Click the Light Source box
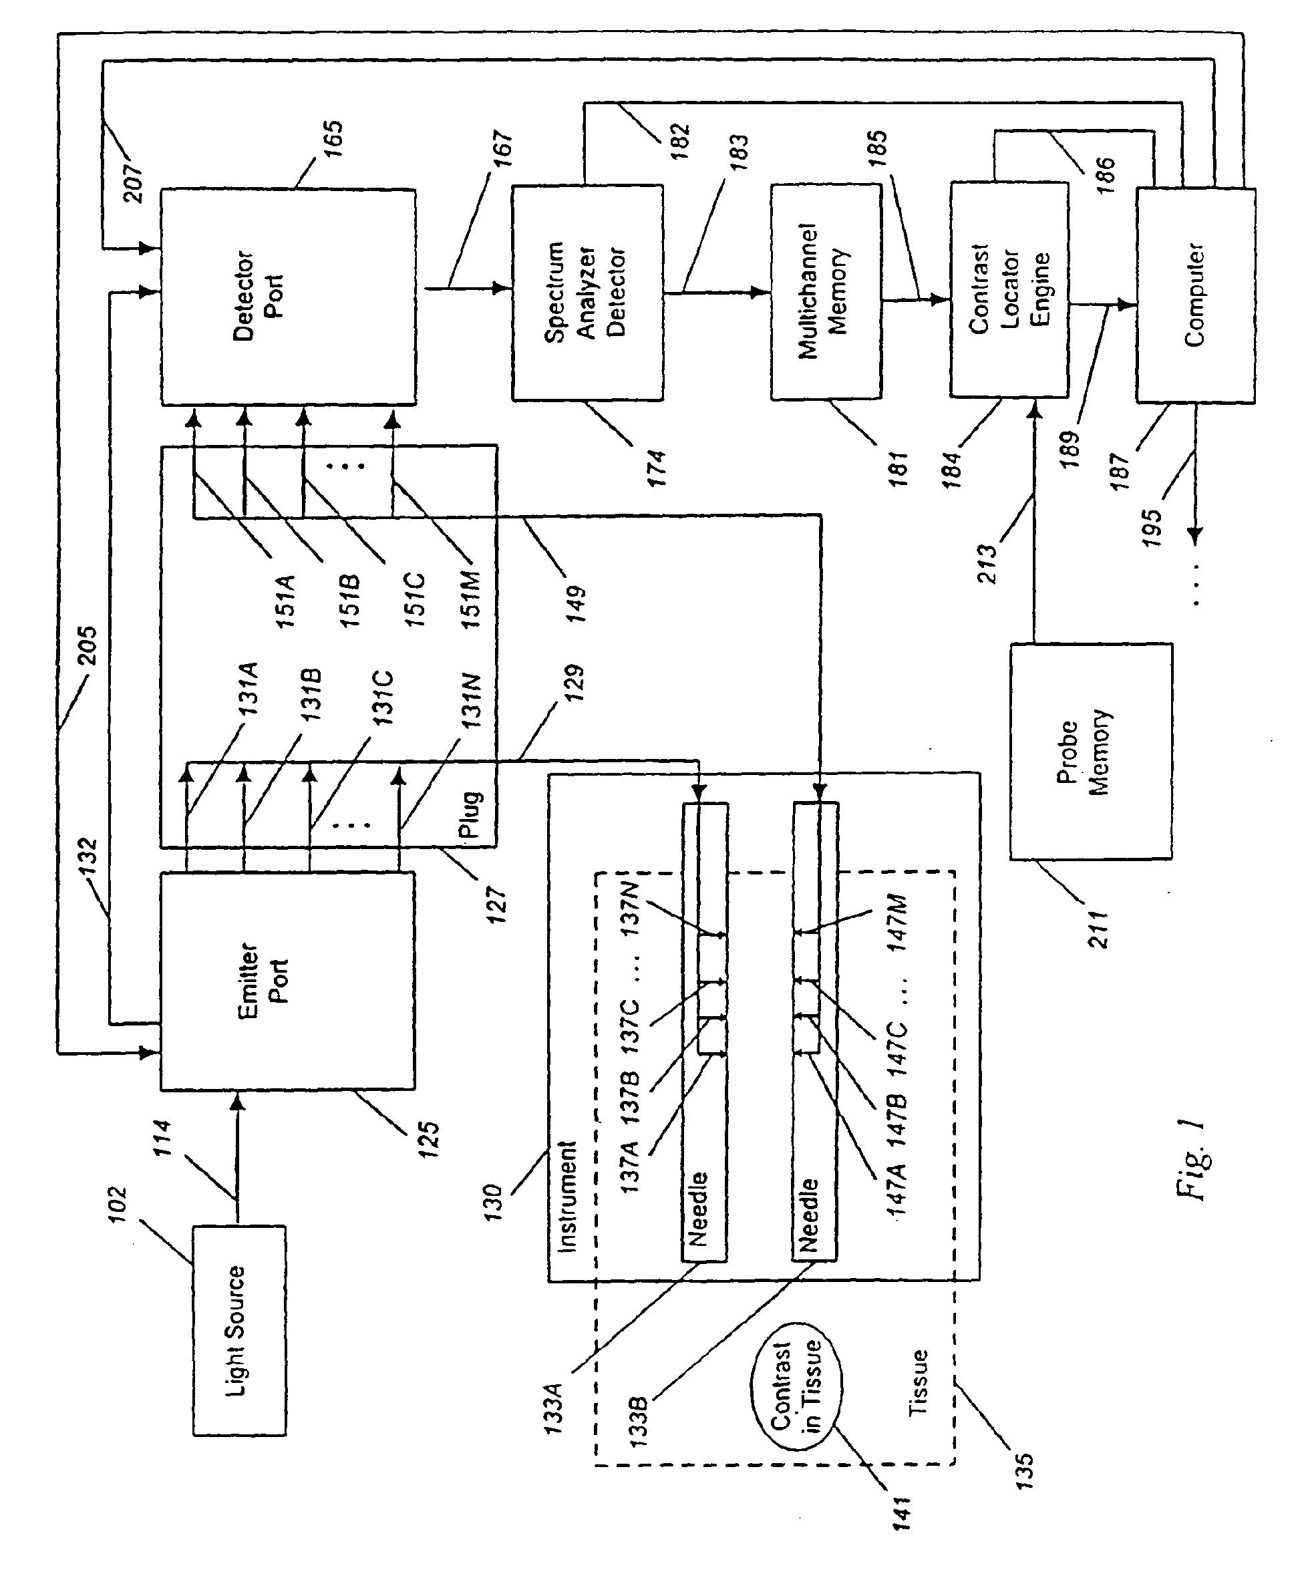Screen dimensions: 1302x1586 pos(239,1330)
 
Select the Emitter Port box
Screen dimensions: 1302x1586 pos(288,980)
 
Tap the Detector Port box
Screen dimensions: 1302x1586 pos(289,297)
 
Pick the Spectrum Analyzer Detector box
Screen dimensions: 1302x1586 pos(587,293)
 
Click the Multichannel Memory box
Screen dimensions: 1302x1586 pos(826,292)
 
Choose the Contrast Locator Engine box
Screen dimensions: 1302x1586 pos(1009,289)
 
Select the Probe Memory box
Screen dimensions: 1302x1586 pos(1090,751)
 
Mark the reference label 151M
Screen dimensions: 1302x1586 pos(470,600)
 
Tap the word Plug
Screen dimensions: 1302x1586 pos(470,814)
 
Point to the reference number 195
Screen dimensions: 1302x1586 pos(1151,528)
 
